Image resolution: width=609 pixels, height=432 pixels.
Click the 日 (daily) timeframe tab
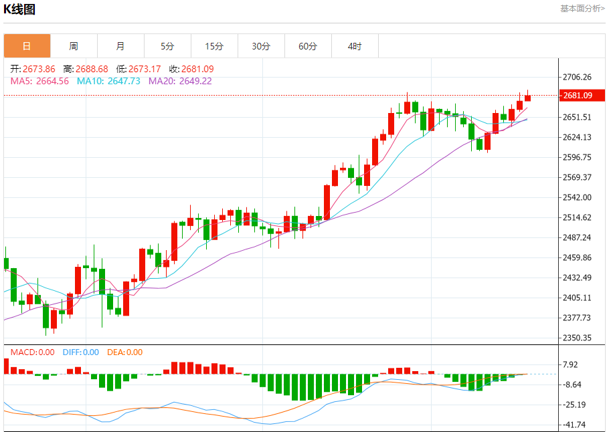(27, 46)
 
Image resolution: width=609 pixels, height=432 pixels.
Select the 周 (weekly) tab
(74, 46)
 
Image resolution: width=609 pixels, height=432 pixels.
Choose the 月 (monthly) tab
(120, 46)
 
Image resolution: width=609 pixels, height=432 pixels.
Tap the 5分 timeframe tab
(167, 46)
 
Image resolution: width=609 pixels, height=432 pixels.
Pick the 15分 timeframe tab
(214, 46)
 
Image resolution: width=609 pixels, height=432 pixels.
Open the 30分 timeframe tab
(261, 46)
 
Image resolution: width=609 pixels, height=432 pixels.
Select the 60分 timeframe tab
(308, 46)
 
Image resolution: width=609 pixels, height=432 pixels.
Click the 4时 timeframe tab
(355, 46)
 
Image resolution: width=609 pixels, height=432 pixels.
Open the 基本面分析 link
(582, 9)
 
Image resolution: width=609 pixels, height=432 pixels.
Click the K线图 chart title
(20, 9)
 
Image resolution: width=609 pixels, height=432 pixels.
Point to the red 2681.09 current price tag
(578, 96)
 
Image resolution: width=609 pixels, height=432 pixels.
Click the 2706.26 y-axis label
(578, 78)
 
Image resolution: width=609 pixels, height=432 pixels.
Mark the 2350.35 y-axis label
(578, 338)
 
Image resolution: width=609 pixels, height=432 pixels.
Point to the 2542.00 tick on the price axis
(578, 197)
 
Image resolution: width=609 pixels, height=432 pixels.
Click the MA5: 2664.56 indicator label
(39, 81)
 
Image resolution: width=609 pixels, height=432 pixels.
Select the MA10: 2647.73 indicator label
(108, 81)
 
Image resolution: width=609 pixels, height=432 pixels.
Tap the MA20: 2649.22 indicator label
(180, 81)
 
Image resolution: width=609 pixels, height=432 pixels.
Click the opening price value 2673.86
(39, 69)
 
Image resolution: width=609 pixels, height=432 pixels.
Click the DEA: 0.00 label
(124, 352)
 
